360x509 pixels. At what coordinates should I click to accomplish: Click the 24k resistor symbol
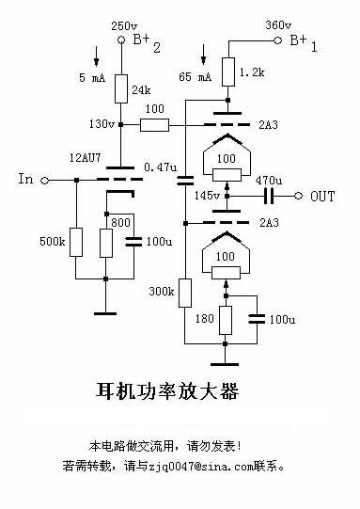click(x=121, y=88)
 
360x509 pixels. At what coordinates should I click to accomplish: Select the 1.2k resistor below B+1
click(x=228, y=72)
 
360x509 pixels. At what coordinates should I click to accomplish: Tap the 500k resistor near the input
click(x=76, y=242)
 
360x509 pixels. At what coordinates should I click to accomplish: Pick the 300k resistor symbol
click(x=185, y=293)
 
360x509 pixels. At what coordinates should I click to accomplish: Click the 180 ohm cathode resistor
click(x=226, y=320)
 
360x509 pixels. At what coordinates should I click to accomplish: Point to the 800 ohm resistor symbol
click(x=106, y=243)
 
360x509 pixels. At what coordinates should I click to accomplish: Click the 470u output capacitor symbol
click(x=269, y=196)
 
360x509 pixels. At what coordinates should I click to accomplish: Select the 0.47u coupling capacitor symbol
click(x=185, y=180)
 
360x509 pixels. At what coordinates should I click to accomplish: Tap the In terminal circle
click(x=45, y=180)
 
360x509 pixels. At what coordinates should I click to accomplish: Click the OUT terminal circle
click(x=298, y=196)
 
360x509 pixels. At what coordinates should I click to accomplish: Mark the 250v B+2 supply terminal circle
click(x=121, y=40)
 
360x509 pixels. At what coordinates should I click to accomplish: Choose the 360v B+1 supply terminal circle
click(x=277, y=40)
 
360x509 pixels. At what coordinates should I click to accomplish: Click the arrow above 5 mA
click(x=96, y=56)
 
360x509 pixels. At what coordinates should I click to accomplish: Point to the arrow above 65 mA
click(x=203, y=55)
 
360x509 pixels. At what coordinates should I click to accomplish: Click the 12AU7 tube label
click(x=86, y=158)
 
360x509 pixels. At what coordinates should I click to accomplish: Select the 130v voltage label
click(x=102, y=123)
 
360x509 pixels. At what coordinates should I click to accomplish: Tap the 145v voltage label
click(x=207, y=196)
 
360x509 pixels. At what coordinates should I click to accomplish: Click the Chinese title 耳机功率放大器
click(x=167, y=391)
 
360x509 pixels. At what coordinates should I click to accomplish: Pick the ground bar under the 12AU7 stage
click(x=105, y=313)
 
